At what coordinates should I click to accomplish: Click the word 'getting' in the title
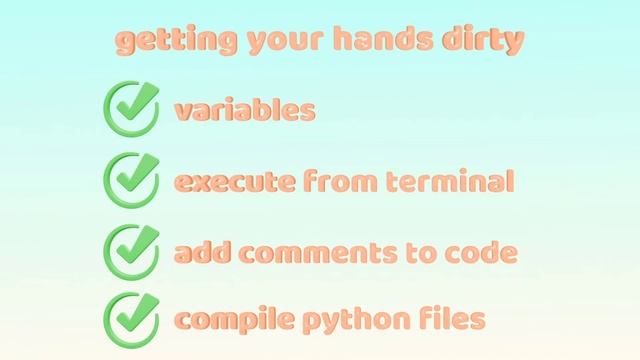(x=161, y=42)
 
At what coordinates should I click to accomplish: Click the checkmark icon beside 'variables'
(x=131, y=109)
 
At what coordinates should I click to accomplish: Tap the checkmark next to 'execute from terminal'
(x=131, y=180)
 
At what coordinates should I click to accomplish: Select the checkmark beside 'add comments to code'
(x=131, y=251)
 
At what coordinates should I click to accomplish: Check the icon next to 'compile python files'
(x=131, y=319)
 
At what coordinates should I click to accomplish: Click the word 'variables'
(x=245, y=109)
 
